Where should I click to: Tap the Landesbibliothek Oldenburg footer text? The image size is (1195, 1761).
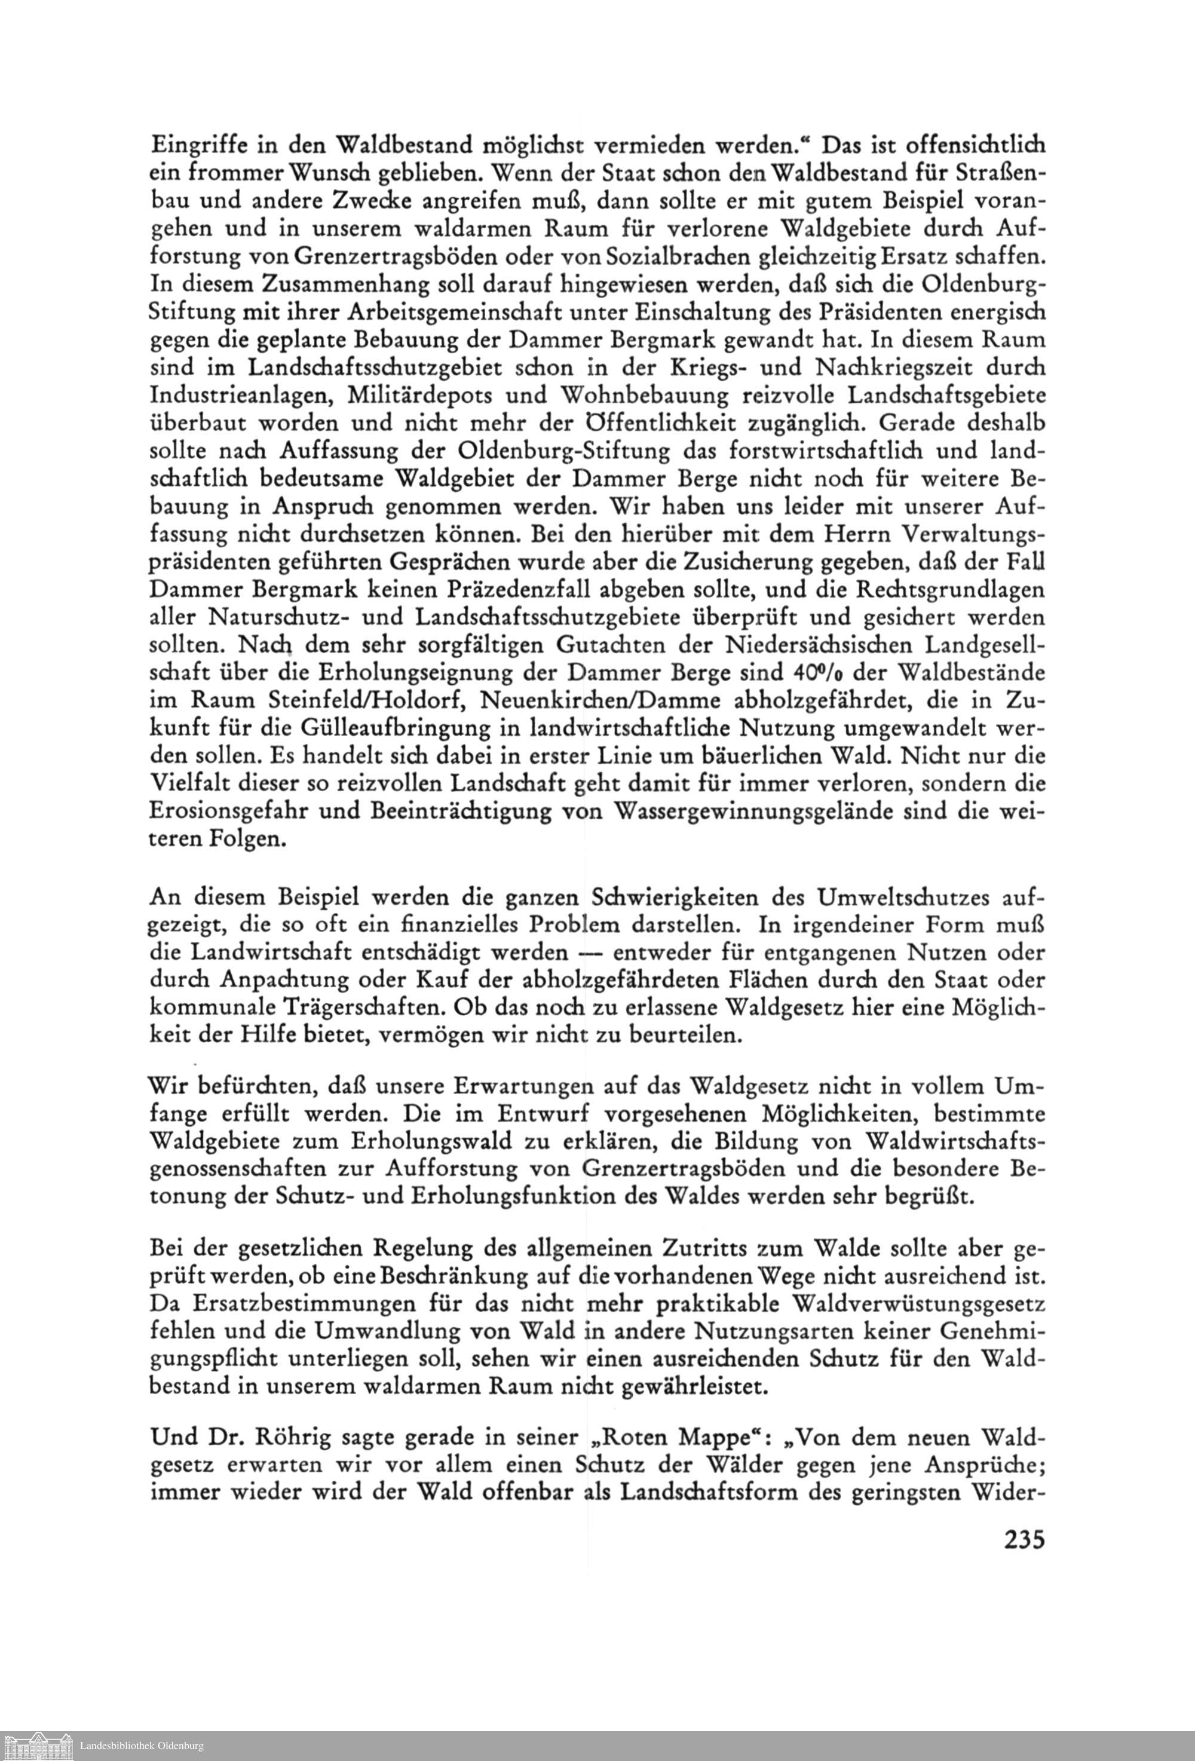142,1746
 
